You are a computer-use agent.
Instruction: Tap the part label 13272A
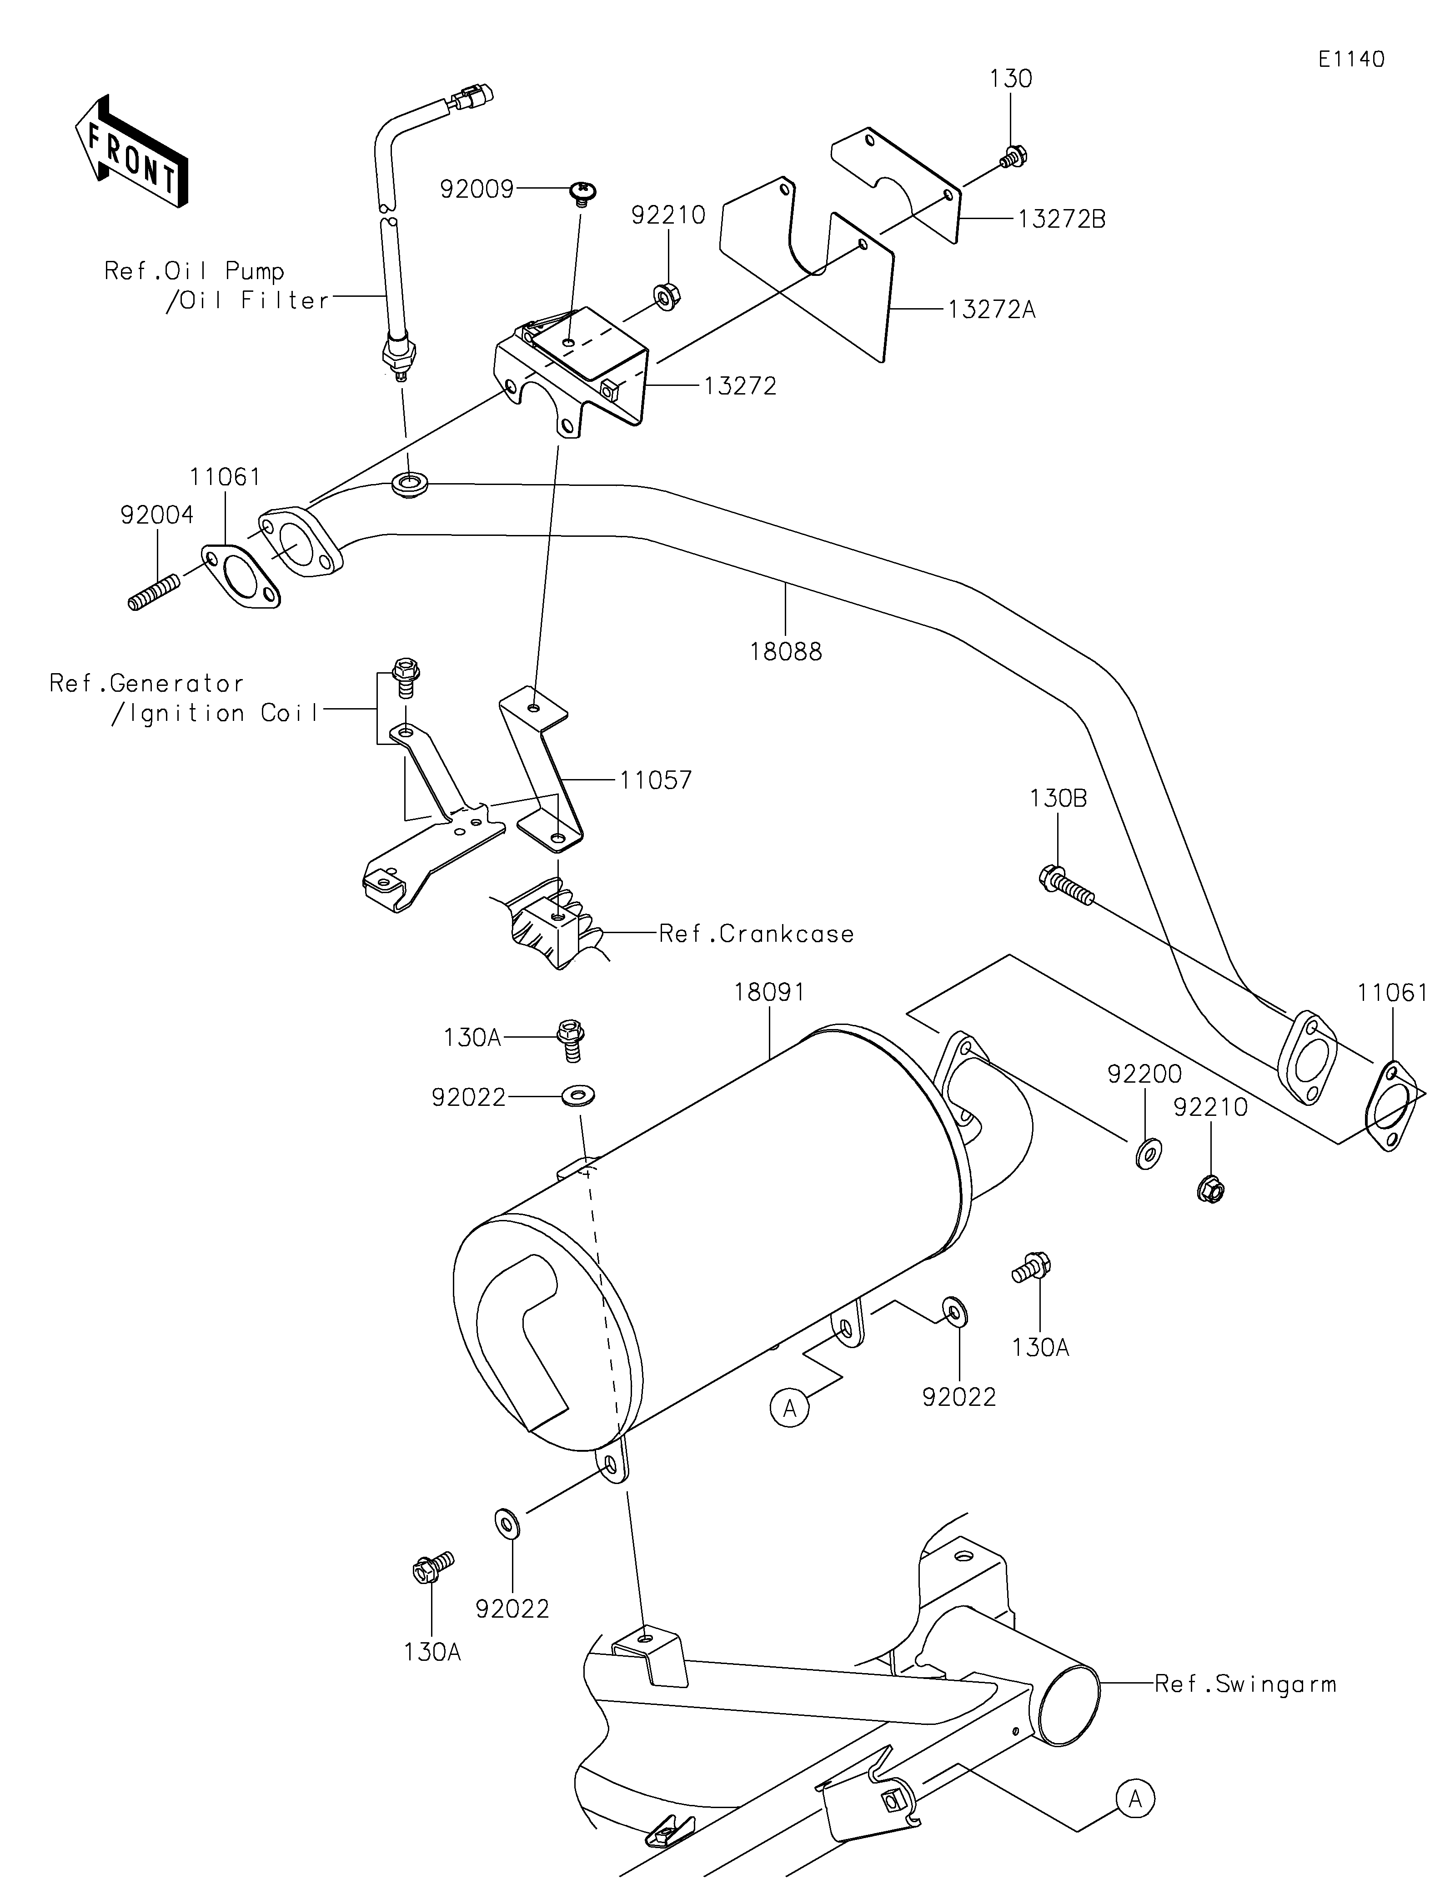992,309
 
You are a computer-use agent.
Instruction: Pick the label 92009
477,189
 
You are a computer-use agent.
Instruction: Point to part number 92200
1144,1074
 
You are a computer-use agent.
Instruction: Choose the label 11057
656,780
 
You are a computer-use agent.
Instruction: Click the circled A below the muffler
790,1409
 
